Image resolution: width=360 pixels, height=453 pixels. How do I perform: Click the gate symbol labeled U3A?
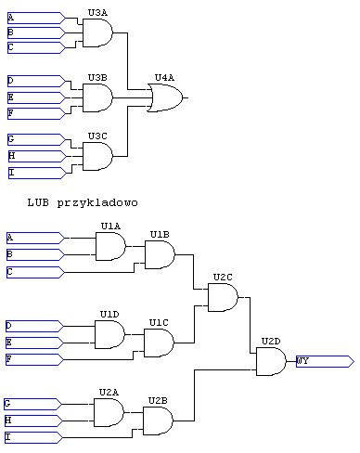coord(97,33)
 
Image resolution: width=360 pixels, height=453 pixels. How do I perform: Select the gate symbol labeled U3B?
coord(97,97)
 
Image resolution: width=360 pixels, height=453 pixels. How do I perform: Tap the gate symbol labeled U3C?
coord(97,156)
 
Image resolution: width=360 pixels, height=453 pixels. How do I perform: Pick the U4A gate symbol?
coord(166,97)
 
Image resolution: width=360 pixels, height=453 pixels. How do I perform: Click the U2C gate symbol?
coord(223,298)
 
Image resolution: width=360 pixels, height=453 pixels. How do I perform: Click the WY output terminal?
coord(323,361)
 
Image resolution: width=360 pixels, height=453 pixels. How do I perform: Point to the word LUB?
coord(38,201)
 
